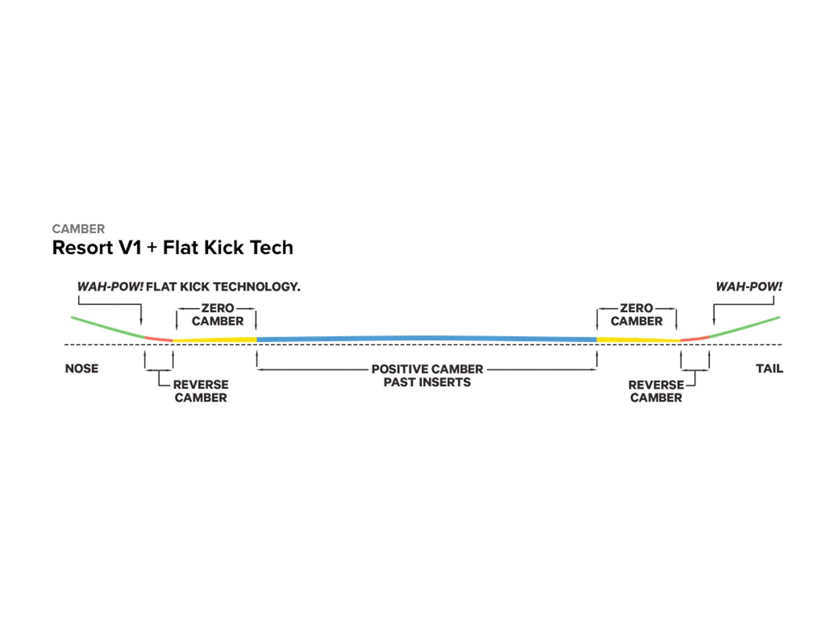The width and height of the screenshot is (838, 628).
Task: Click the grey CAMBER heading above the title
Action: (78, 229)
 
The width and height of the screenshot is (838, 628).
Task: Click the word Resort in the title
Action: (83, 248)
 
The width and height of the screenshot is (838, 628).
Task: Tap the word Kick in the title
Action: (226, 248)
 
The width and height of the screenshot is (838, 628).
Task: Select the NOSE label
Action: (82, 368)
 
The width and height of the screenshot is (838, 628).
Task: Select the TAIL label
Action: (769, 368)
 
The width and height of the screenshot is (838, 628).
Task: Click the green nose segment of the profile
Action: (107, 327)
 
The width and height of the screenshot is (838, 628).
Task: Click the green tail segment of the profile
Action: (744, 327)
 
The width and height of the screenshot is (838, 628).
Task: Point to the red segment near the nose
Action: (159, 339)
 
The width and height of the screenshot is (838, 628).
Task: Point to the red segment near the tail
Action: (694, 339)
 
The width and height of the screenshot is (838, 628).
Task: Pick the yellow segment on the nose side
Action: (215, 340)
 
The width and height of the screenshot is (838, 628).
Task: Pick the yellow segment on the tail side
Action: (638, 340)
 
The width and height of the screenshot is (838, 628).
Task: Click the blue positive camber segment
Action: (427, 339)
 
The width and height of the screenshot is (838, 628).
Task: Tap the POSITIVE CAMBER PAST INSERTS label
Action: (427, 376)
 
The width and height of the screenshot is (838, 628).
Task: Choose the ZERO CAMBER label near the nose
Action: (217, 315)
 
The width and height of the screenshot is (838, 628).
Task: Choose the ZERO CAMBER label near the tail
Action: (636, 315)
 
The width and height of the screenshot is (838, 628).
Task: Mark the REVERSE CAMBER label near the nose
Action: (201, 391)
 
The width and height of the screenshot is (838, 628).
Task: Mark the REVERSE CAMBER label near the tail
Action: (656, 391)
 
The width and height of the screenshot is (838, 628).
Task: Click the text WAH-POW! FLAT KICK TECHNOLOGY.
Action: (189, 287)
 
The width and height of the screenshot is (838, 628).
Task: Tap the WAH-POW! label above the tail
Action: (748, 287)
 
